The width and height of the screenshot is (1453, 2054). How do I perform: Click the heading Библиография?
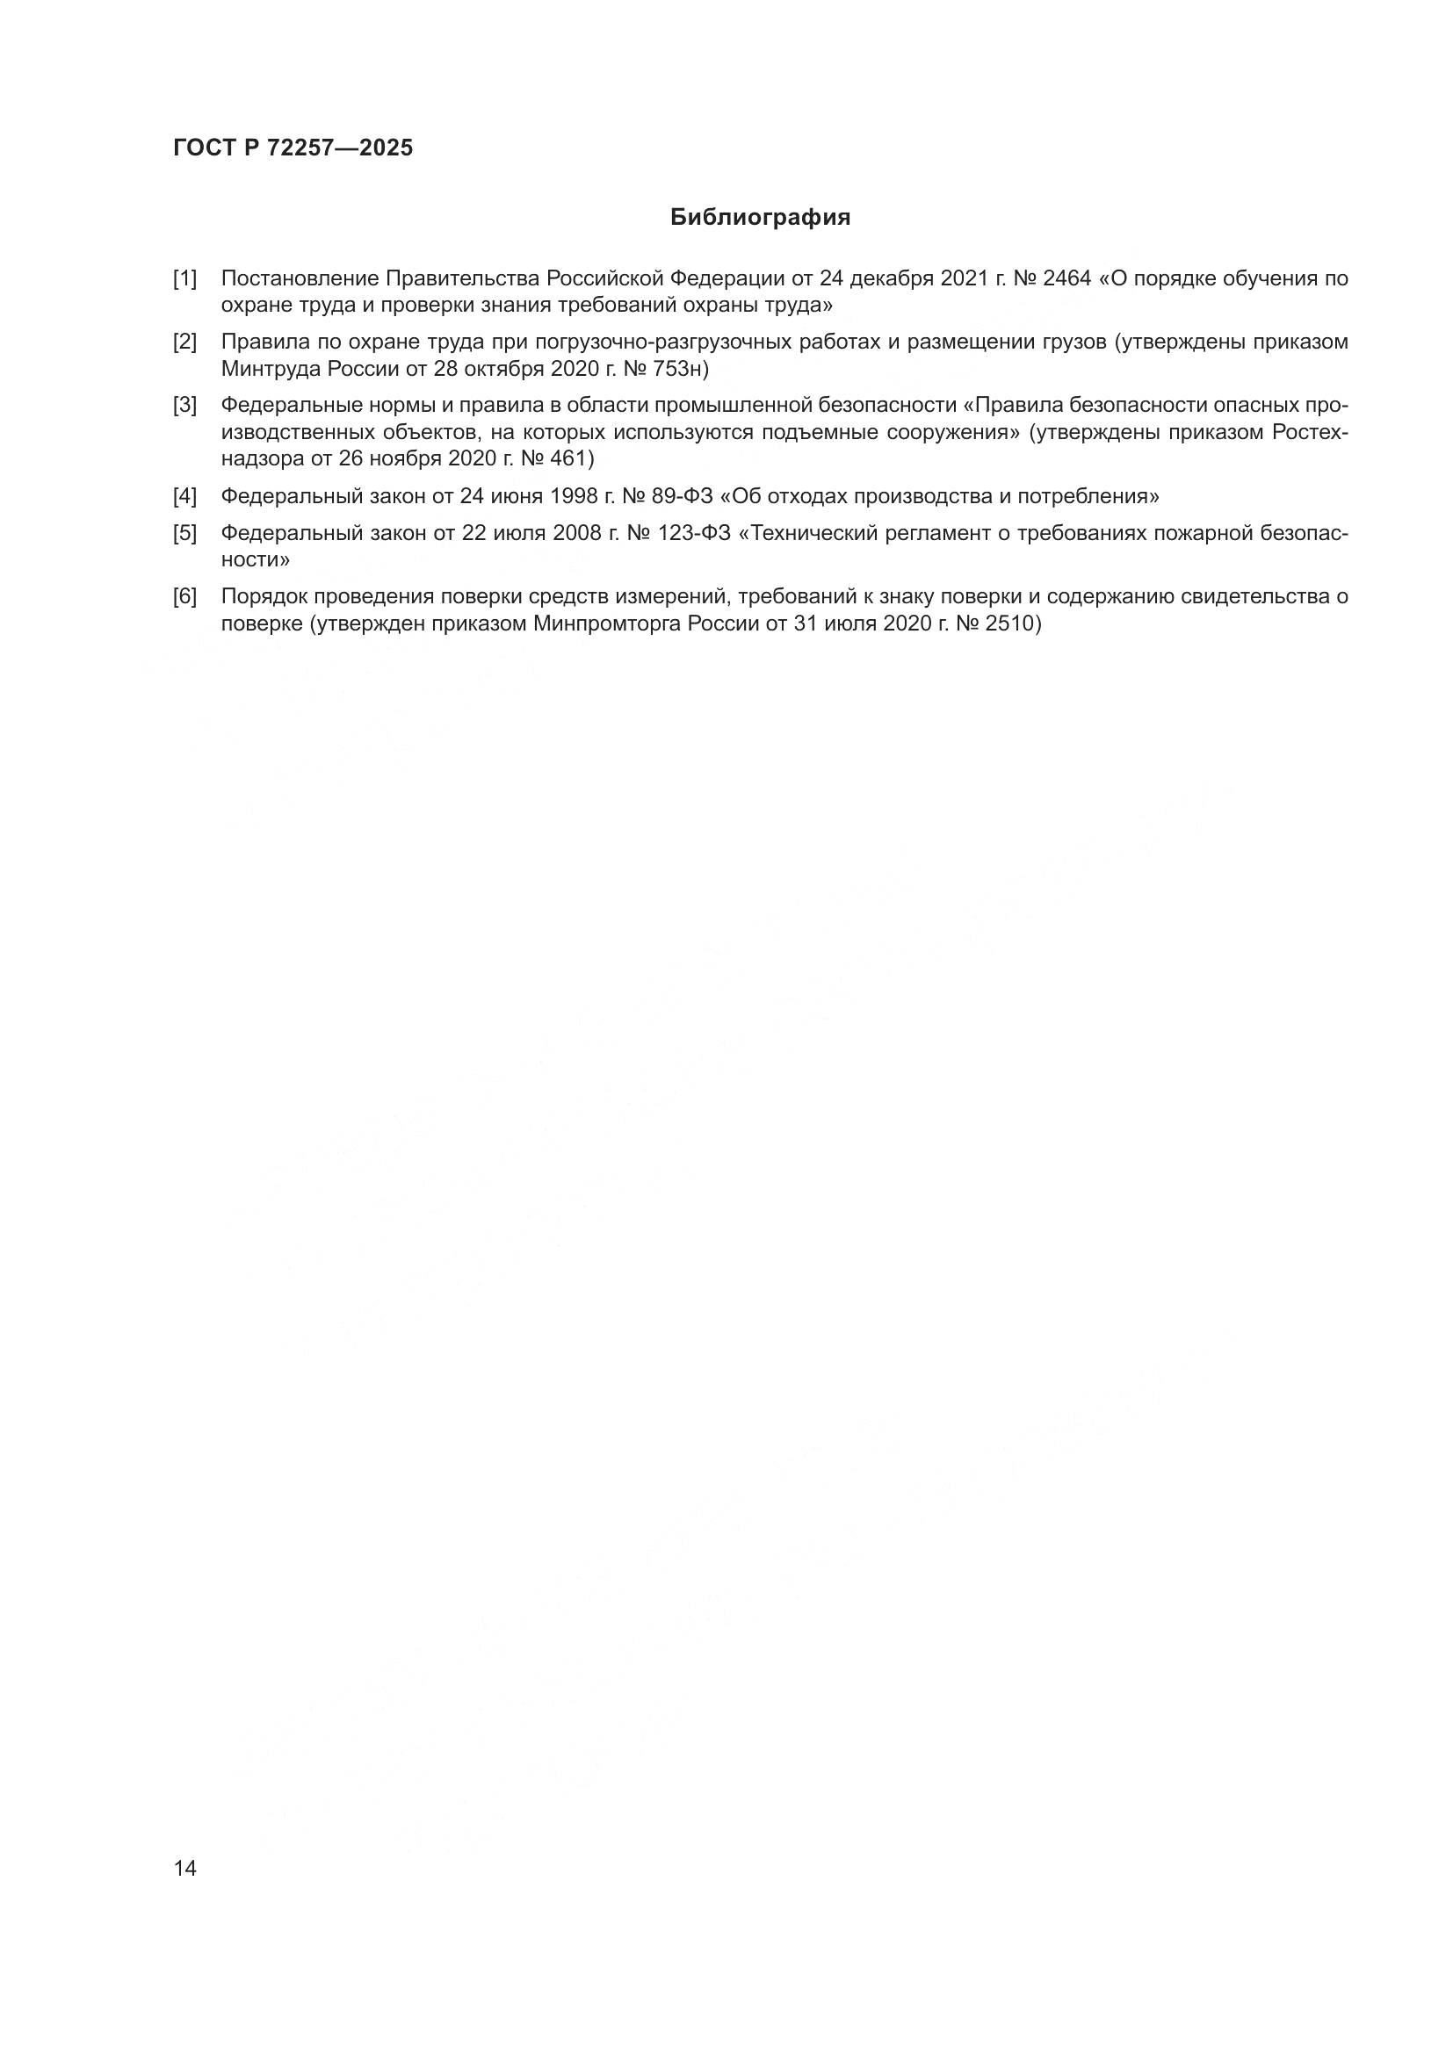tap(760, 218)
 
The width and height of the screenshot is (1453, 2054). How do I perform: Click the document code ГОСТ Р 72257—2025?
tap(293, 148)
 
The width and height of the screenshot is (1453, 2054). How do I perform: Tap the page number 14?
tap(185, 1869)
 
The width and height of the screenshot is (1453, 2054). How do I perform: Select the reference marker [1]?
tap(184, 279)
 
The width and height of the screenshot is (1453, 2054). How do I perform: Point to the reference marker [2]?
tap(184, 342)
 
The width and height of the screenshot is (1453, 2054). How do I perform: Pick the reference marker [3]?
tap(184, 405)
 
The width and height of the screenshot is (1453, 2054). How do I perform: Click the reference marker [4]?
tap(184, 496)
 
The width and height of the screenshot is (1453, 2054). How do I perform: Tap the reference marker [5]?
tap(184, 534)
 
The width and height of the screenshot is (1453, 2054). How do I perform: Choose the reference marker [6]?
tap(184, 596)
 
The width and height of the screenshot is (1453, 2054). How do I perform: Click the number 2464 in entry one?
tap(1066, 279)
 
